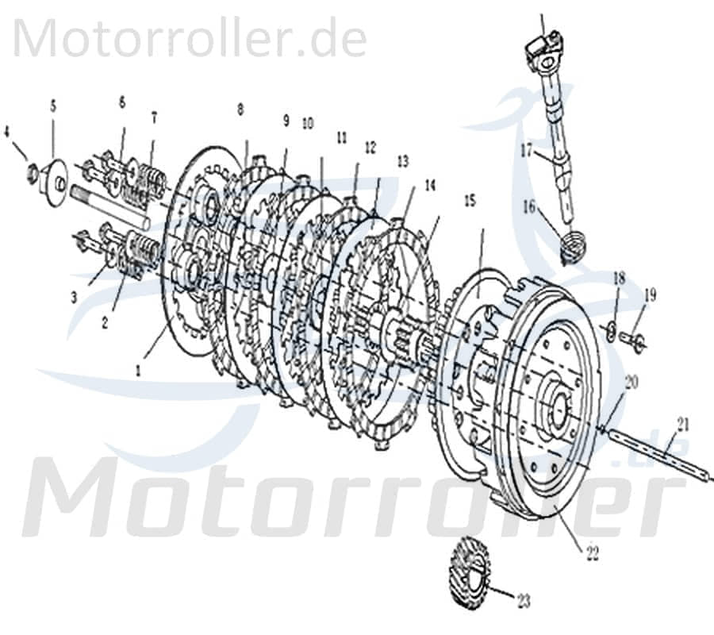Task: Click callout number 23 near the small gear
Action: tap(524, 600)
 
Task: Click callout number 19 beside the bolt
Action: tap(651, 296)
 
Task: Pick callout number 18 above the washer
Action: tap(620, 280)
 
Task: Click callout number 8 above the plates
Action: tap(240, 109)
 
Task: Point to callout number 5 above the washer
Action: tap(53, 104)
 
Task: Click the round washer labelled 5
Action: tap(56, 174)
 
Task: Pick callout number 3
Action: tap(74, 297)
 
